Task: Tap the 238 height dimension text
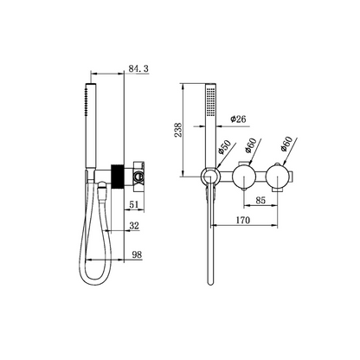pyautogui.click(x=178, y=128)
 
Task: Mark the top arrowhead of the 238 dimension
pyautogui.click(x=186, y=87)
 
